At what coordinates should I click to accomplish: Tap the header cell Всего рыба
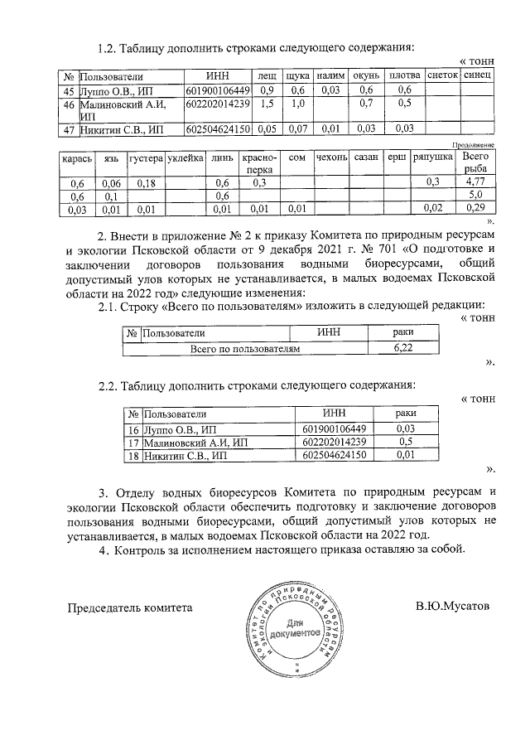point(475,162)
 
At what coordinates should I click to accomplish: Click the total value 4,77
point(475,181)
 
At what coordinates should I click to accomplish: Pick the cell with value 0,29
point(475,208)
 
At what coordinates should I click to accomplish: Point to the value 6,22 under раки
point(402,350)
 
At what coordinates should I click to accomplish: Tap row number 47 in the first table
point(69,128)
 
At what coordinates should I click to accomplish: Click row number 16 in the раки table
point(132,428)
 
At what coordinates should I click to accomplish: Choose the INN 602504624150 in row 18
point(335,455)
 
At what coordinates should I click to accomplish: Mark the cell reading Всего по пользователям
point(245,350)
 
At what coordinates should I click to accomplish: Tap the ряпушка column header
point(432,157)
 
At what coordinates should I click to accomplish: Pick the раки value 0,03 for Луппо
point(405,428)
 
